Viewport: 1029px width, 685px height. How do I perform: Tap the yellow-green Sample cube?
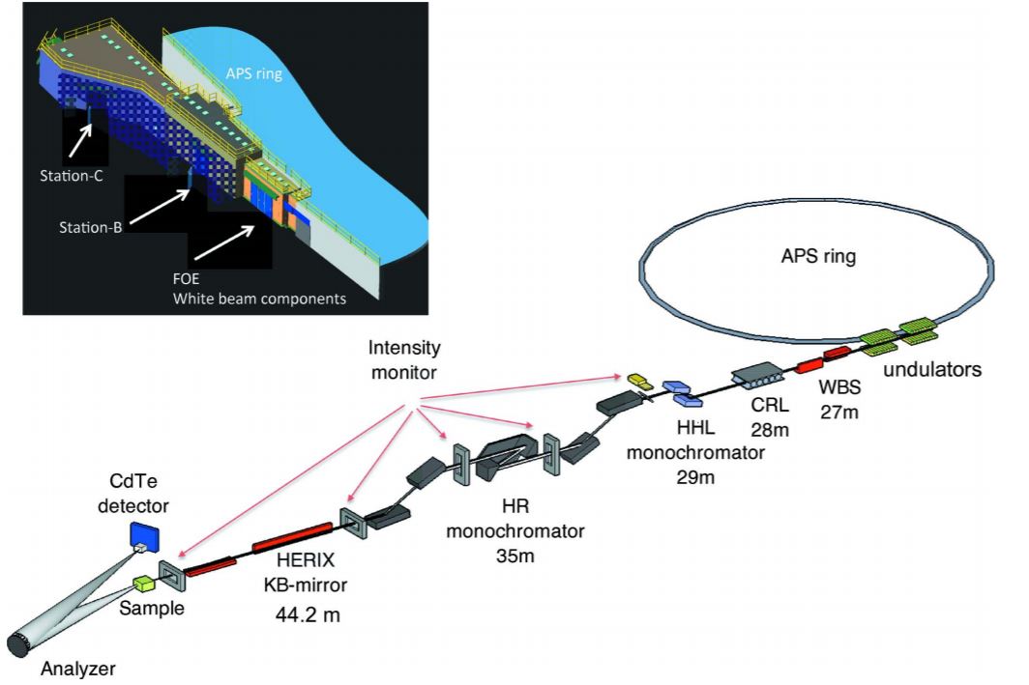point(146,584)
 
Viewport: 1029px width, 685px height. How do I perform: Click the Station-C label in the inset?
point(71,178)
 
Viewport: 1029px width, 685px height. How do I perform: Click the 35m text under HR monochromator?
point(514,556)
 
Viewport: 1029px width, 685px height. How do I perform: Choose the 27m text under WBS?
point(841,413)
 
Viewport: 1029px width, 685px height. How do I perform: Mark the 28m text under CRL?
point(774,429)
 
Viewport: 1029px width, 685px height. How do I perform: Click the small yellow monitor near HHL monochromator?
point(638,379)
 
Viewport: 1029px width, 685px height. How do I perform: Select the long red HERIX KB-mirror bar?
point(293,534)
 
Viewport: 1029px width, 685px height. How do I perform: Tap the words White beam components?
point(259,299)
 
